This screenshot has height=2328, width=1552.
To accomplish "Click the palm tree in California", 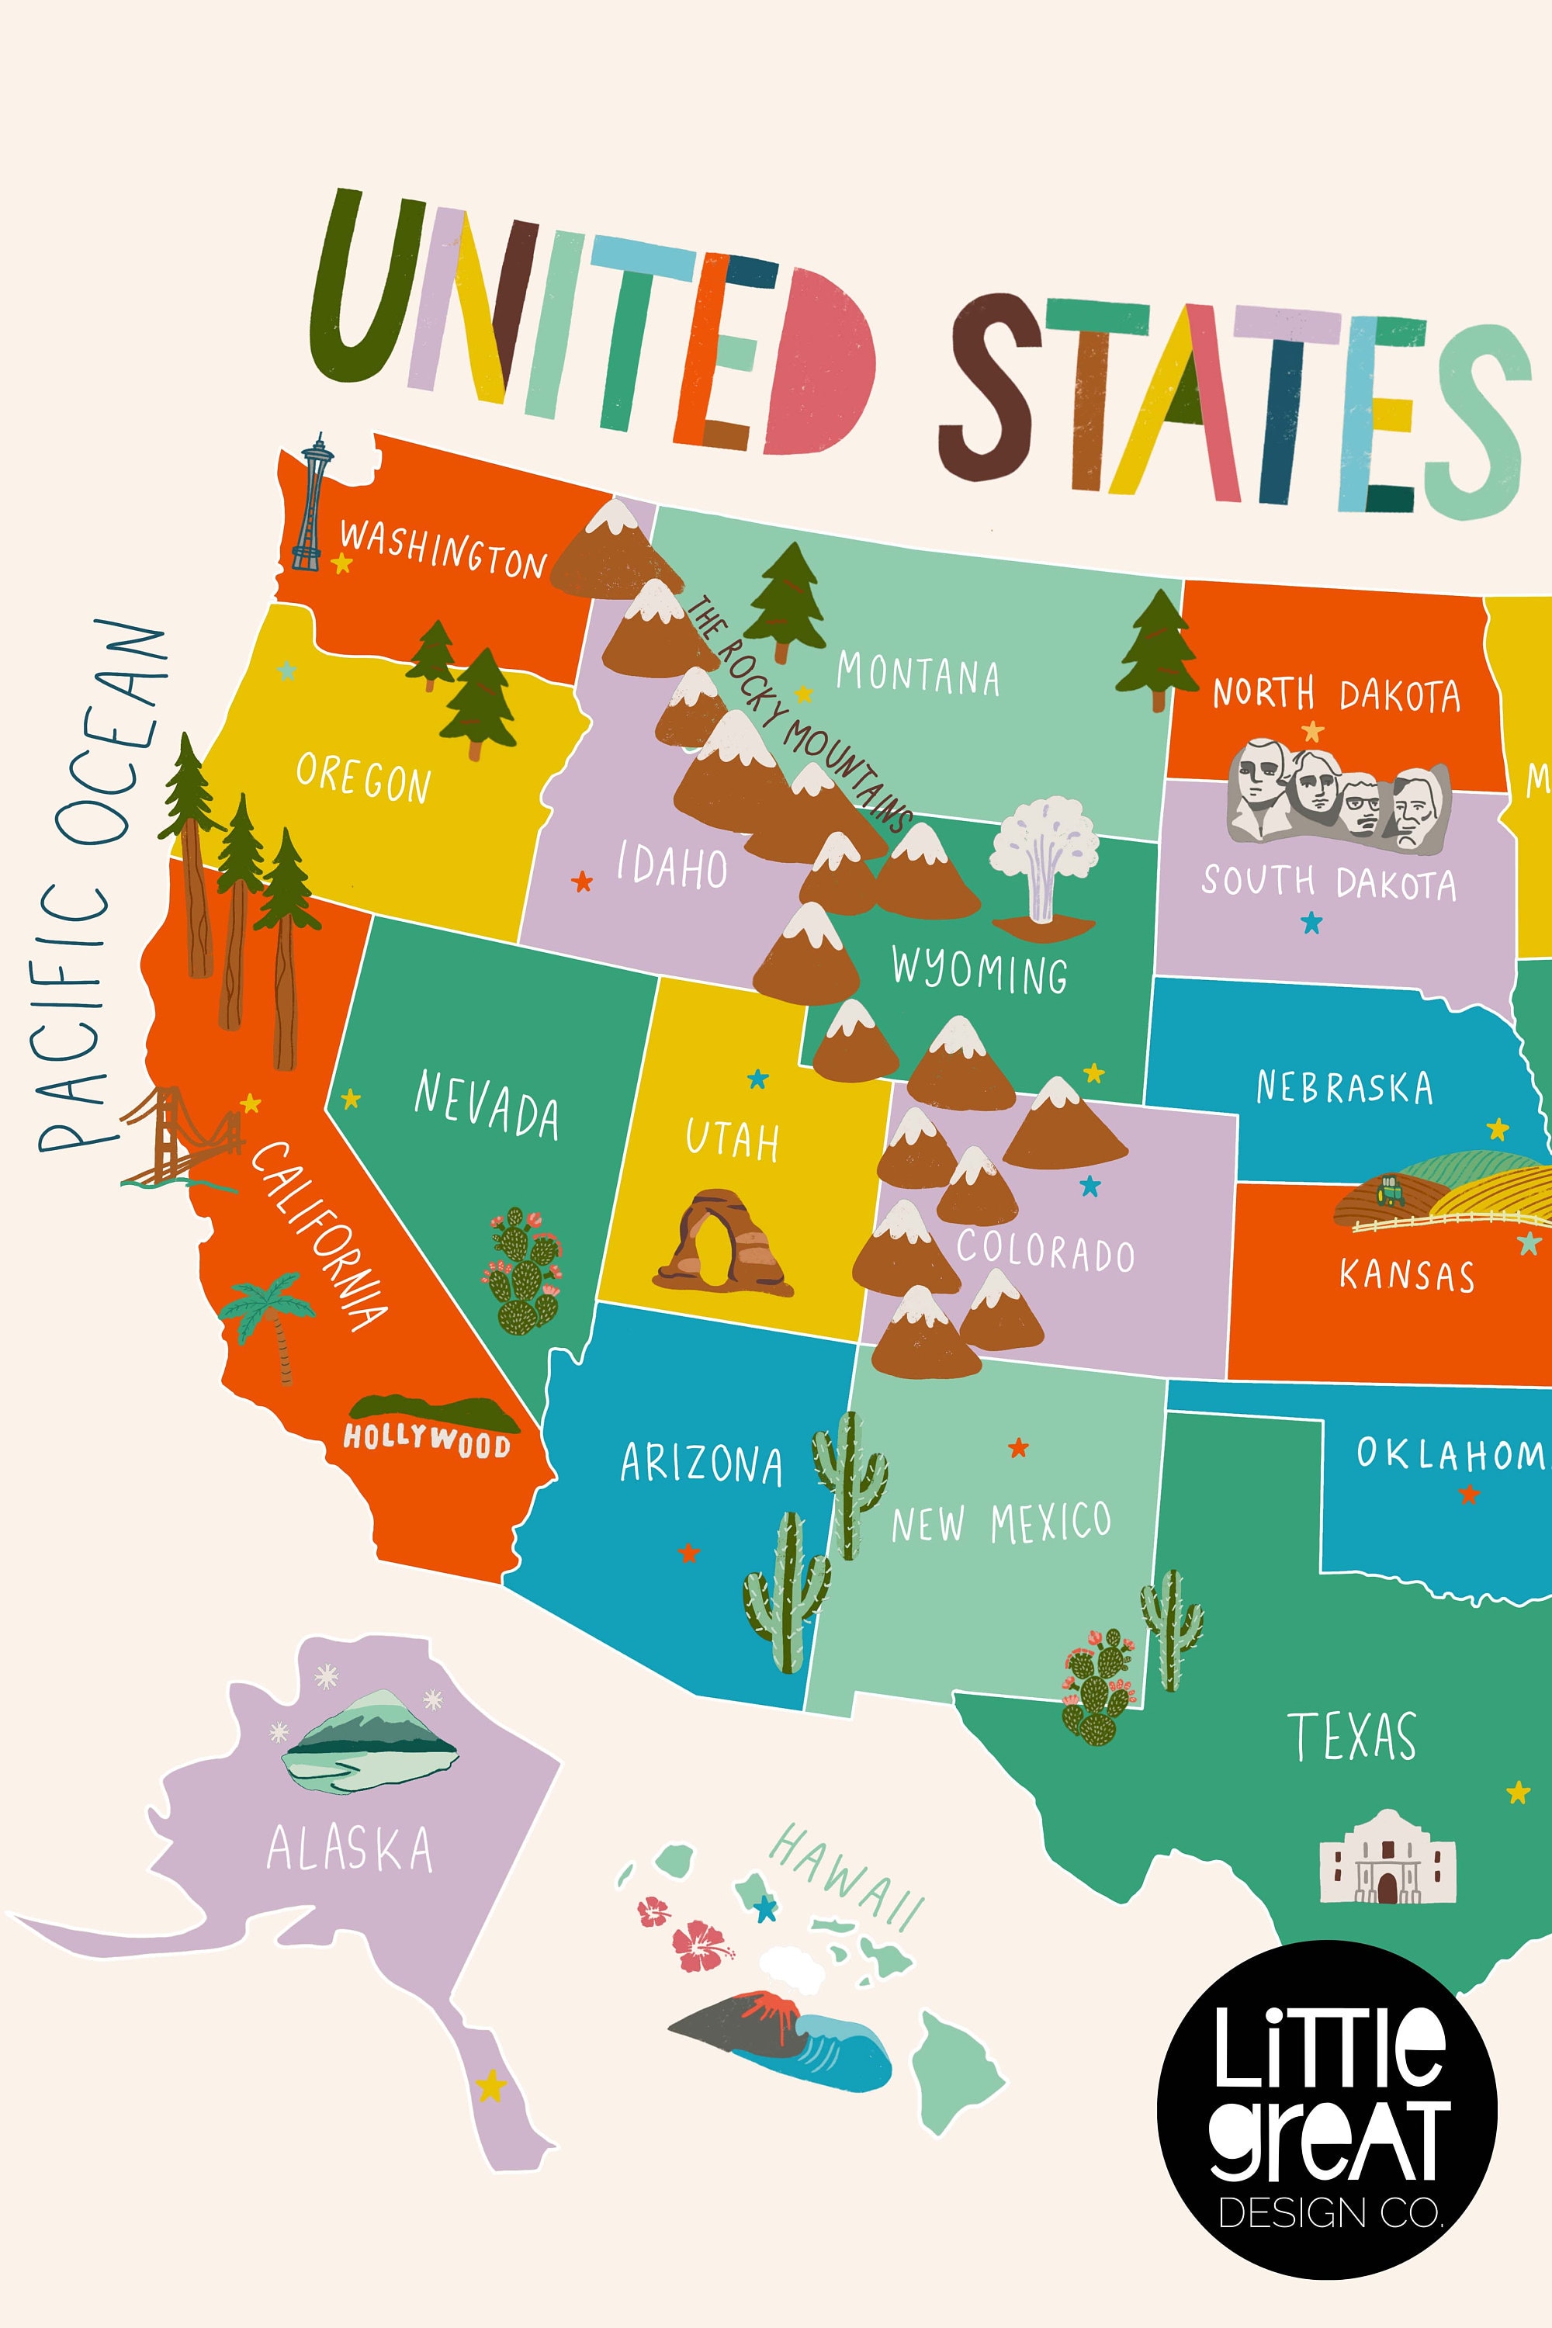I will coord(269,1316).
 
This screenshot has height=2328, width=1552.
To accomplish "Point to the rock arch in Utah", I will coord(722,1243).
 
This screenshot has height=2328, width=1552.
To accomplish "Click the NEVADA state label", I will coord(485,1104).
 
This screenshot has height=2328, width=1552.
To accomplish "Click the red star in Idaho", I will coord(582,880).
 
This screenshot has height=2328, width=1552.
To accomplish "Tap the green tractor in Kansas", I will coord(1390,1190).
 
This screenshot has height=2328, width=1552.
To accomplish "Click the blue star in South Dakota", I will coord(1311,923).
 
